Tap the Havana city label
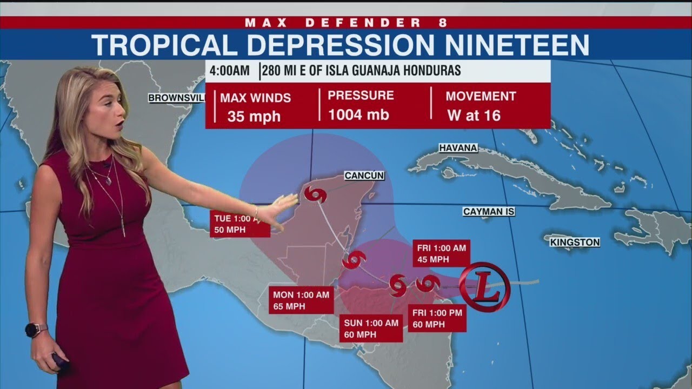[457, 147]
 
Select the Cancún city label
[364, 175]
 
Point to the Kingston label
[575, 243]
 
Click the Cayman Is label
[489, 212]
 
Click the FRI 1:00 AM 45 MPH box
[441, 253]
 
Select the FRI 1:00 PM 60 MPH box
[437, 319]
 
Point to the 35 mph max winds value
[254, 116]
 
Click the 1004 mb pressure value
[358, 115]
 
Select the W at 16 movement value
[474, 115]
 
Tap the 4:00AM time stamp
[230, 71]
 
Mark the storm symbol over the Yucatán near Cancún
[315, 194]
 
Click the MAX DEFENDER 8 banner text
[346, 22]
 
